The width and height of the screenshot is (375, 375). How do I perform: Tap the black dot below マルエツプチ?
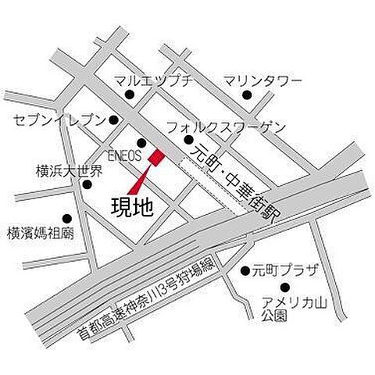coord(130,96)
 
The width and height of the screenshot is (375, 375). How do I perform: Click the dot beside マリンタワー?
coord(247,96)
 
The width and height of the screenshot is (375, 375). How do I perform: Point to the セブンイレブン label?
coord(59,120)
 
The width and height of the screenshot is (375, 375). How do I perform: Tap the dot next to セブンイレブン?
coord(114,120)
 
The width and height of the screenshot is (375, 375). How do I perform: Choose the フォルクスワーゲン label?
coord(227,127)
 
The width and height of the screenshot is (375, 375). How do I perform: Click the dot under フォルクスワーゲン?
coord(188,140)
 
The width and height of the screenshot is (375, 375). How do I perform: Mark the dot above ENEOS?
coord(141,142)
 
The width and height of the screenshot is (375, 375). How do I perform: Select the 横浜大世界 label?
coord(69,170)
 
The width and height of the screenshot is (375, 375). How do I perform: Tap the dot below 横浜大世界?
coord(87,185)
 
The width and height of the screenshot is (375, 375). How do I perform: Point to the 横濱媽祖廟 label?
coord(40,232)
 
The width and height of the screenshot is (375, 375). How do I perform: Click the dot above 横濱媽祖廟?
coord(66,219)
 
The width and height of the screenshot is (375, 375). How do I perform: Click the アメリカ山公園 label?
coord(290,309)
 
